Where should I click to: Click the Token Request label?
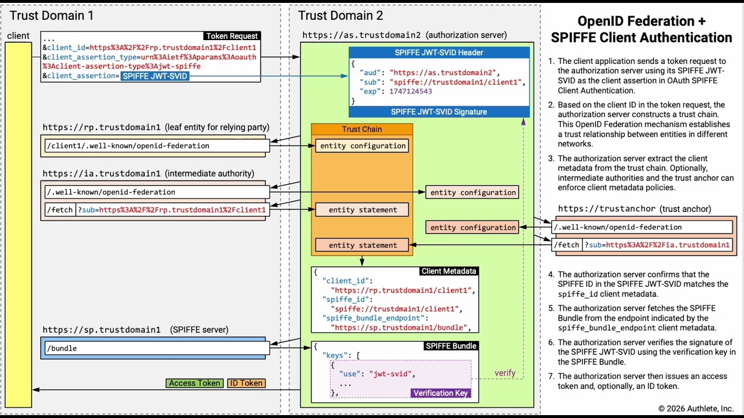232,36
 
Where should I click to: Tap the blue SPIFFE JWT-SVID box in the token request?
155,76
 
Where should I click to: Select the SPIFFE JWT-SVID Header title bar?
439,52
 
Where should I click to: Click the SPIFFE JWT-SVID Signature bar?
439,111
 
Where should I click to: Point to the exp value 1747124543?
410,92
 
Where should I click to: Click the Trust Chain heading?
362,129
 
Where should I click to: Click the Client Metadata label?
448,271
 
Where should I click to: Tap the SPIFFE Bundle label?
451,346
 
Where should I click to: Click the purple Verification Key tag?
440,393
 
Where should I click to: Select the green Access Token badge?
194,383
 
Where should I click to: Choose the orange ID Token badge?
246,383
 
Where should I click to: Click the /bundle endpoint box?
156,348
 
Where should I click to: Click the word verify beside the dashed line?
505,373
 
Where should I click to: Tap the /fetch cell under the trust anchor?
566,245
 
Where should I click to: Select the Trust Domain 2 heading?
341,16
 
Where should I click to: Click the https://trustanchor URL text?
607,208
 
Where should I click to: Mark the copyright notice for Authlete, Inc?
696,408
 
